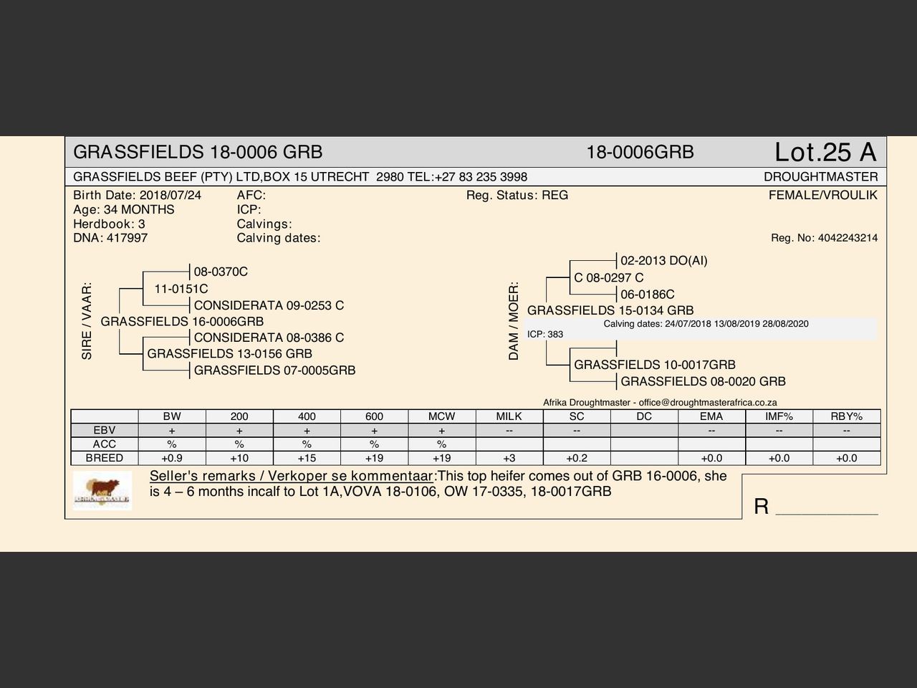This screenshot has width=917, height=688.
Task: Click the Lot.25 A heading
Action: (825, 152)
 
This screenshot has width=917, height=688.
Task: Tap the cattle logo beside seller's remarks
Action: (102, 491)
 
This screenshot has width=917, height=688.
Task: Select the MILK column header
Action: (509, 416)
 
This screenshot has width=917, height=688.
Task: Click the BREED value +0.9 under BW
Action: (172, 458)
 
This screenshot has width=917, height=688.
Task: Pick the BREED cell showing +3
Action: (509, 458)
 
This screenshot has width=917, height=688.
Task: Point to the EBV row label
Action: (105, 430)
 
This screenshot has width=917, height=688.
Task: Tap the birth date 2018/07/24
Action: (171, 195)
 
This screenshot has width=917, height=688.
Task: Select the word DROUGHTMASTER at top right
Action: (820, 177)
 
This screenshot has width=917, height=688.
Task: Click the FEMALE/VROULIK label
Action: (822, 195)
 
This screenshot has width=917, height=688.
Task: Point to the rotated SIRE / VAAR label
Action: (87, 320)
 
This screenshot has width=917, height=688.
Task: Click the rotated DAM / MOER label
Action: (514, 320)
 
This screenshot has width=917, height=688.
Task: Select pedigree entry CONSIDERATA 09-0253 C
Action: (269, 305)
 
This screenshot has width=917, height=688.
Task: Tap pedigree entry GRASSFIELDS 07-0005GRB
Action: (274, 371)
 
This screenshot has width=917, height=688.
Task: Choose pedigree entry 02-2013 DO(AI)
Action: (663, 260)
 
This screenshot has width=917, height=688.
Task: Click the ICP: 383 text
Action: (545, 334)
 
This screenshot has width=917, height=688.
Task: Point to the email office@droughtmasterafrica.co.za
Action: (708, 403)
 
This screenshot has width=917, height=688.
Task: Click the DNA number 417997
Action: (127, 238)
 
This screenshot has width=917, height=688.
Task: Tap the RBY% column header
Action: (846, 416)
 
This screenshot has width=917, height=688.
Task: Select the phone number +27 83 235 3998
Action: (481, 177)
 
